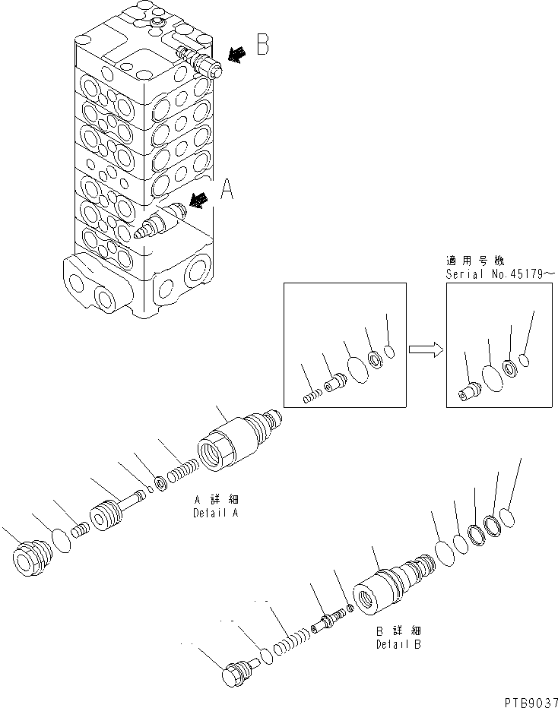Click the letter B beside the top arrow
pos(262,46)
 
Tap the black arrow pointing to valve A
pos(200,200)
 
